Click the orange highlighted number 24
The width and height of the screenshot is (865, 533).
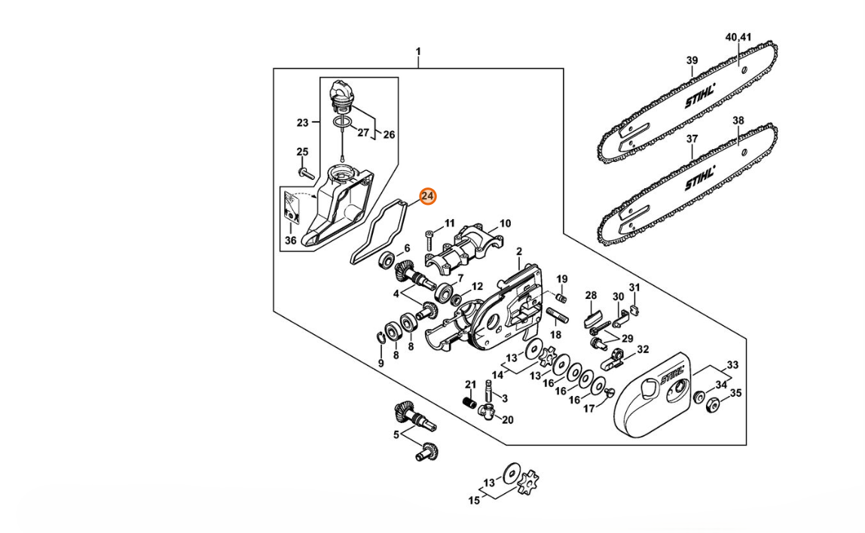(427, 196)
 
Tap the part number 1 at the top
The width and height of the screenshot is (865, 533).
(418, 51)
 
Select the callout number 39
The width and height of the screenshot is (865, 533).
(692, 60)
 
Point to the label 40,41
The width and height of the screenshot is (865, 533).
(738, 37)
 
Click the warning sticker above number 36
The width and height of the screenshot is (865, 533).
(291, 207)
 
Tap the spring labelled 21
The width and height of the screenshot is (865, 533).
(469, 402)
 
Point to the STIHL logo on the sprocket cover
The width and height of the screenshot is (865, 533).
(671, 377)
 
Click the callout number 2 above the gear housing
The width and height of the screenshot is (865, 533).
(519, 252)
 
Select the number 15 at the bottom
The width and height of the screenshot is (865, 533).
(474, 501)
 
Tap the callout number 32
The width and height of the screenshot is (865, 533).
(643, 349)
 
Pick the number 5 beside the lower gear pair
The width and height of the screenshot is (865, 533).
(396, 435)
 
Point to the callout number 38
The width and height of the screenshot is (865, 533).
(738, 120)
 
